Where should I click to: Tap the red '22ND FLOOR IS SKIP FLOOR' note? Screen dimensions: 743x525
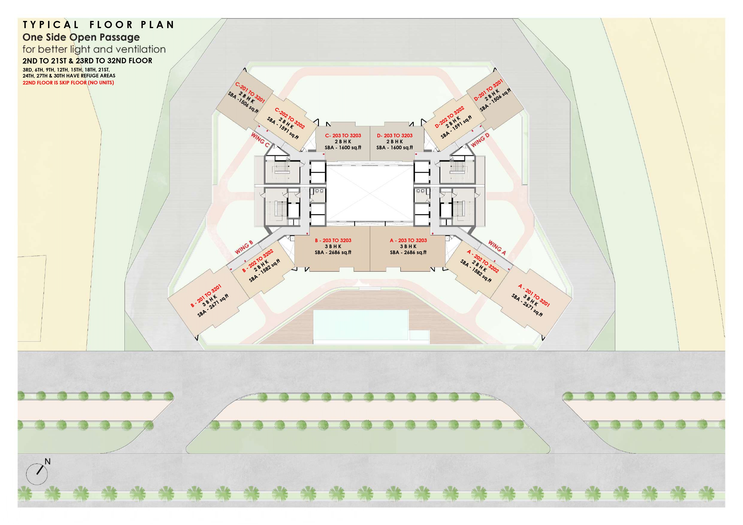point(68,83)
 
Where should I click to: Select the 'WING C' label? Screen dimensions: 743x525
point(260,140)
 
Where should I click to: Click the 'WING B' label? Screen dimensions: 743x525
point(244,248)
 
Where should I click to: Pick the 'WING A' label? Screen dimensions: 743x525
point(497,248)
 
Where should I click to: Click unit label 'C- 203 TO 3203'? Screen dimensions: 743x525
point(343,136)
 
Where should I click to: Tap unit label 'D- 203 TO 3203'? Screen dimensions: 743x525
point(394,136)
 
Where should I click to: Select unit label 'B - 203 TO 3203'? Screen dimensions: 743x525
point(333,240)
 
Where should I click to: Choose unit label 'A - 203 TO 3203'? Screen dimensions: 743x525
point(408,240)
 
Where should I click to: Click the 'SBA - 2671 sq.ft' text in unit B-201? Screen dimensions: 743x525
point(213,305)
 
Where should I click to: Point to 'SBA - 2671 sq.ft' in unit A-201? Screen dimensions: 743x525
point(527,305)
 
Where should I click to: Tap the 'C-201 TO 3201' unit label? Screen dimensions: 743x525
point(250,92)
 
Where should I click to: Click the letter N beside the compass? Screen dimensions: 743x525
point(48,462)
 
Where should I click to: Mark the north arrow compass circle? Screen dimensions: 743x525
point(37,474)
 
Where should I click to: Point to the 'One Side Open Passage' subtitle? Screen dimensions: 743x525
point(81,37)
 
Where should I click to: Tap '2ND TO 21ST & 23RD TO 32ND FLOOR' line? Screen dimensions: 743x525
point(87,61)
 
